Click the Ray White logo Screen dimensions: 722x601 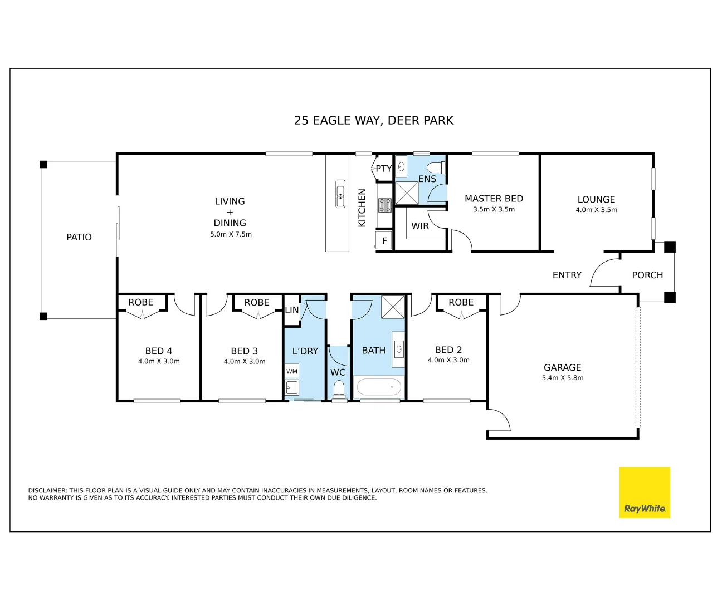coord(645,492)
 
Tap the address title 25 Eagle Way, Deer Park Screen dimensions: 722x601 coord(374,121)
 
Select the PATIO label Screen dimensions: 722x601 coord(79,237)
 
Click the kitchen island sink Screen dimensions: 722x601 coord(340,194)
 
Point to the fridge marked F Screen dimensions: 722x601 coord(384,240)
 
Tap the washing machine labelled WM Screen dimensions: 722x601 coord(291,371)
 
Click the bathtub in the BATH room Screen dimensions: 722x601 coord(379,387)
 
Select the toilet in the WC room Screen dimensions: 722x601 coord(339,388)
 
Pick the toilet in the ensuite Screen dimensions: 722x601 coord(436,168)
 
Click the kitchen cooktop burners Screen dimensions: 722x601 coord(384,205)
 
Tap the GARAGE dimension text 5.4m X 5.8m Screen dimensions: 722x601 coord(563,378)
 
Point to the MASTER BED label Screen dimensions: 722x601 coord(494,199)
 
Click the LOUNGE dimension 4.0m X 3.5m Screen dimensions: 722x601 coord(596,210)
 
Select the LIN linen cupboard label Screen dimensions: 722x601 coord(292,310)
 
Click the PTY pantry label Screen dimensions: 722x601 coord(384,169)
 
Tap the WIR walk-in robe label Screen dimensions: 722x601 coord(420,226)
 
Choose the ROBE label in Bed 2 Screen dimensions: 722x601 coord(461,302)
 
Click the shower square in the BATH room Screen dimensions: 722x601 coord(393,307)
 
